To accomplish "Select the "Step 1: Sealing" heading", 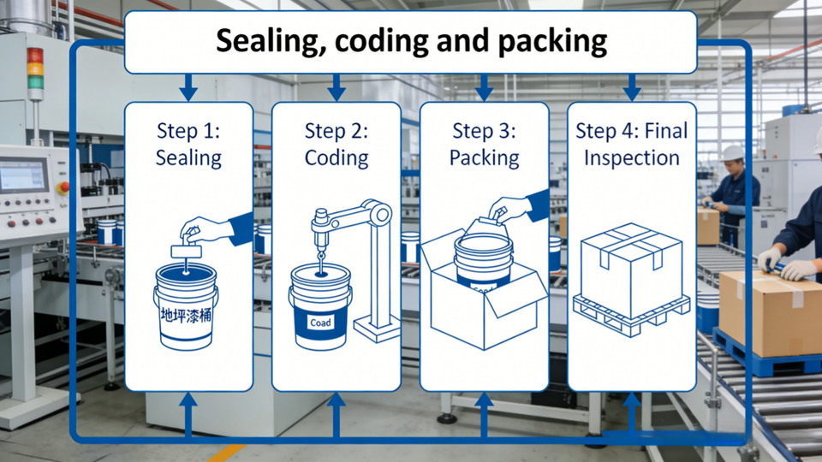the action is click(x=188, y=144).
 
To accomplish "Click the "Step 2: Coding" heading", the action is click(x=337, y=144).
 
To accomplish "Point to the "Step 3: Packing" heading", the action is click(x=485, y=144).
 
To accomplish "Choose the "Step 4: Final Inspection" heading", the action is click(x=632, y=144).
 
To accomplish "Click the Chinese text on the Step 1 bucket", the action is click(x=186, y=316).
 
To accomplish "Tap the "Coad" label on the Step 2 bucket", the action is click(x=320, y=323).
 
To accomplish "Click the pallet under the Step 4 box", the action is click(x=631, y=313).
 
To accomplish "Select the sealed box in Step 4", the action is click(x=631, y=269).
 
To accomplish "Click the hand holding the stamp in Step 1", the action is click(x=206, y=229).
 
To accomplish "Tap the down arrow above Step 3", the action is click(x=484, y=87).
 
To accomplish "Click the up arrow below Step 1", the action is click(x=188, y=415).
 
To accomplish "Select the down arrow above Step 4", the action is click(x=632, y=87).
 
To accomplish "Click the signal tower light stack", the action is click(x=35, y=69).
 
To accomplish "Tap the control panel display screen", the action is click(x=22, y=175).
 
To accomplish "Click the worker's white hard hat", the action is click(x=732, y=153).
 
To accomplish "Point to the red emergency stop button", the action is click(x=63, y=187).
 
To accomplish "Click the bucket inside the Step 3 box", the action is click(x=483, y=260).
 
